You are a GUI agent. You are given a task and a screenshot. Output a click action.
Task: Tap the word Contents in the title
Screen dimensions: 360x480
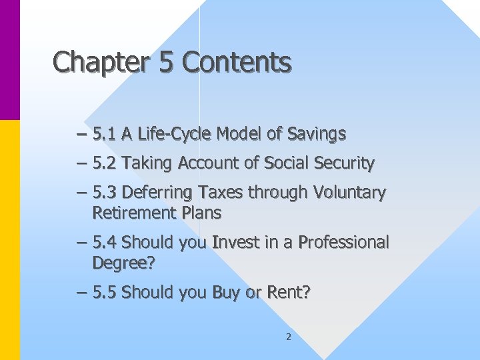(x=237, y=62)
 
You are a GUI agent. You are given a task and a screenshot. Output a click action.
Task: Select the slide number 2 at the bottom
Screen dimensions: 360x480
(x=288, y=337)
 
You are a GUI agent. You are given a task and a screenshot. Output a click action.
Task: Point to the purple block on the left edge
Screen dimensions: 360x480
(x=10, y=60)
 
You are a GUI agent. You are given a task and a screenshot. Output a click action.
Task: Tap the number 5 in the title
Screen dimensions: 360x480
(x=166, y=62)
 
